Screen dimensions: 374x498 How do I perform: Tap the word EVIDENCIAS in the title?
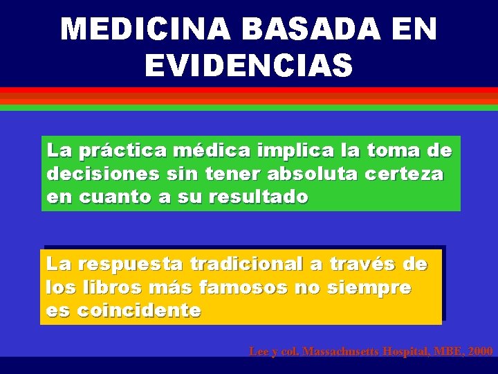pos(249,66)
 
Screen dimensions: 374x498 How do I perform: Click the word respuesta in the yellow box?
pos(131,264)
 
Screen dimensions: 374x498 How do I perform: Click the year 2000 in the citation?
pos(480,352)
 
